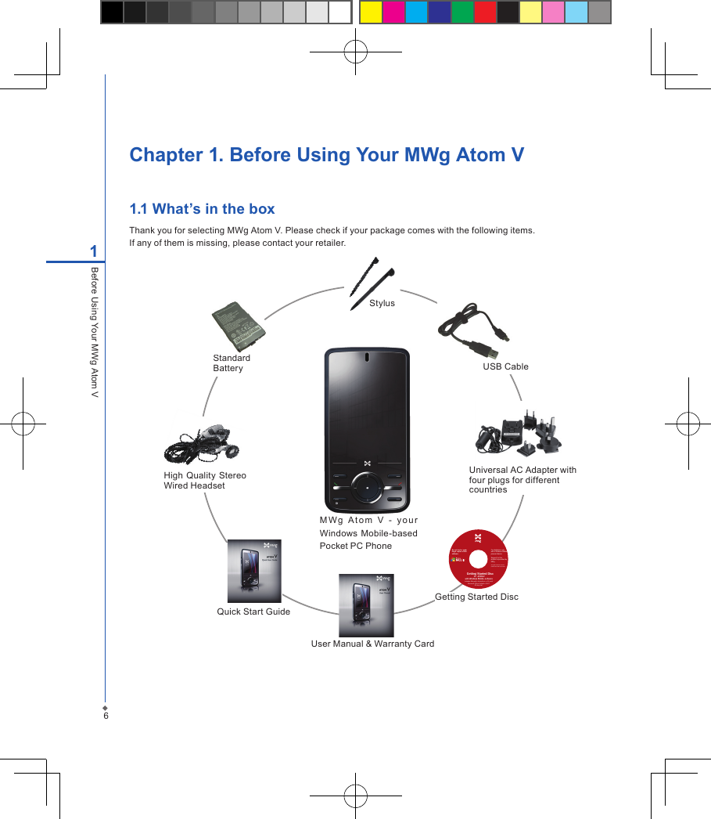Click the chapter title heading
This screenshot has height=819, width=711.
pos(326,154)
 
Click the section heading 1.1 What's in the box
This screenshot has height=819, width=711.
pos(202,208)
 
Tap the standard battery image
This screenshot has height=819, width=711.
pos(240,325)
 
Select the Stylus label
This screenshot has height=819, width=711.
pos(382,303)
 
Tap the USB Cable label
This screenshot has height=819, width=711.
pos(505,366)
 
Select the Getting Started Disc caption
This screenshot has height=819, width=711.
pos(476,597)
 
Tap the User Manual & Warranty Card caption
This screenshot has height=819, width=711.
pos(372,644)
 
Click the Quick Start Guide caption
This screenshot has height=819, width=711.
pos(253,612)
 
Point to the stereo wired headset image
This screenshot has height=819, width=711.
pos(202,445)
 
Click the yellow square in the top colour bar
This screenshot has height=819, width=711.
pos(370,13)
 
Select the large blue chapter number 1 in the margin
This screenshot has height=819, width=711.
pos(93,251)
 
